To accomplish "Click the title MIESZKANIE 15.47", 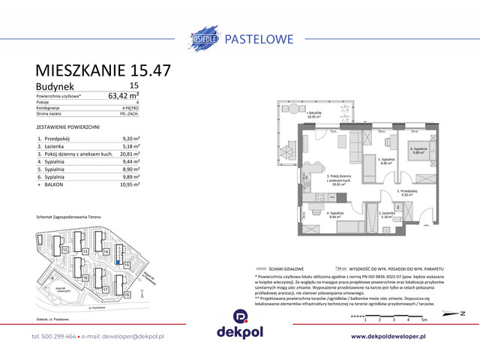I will click(103, 70).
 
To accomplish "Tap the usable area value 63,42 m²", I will click(124, 95).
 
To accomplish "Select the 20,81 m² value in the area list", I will click(130, 154).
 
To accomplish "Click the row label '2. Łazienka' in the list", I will click(54, 146).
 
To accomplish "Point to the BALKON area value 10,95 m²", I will click(130, 184).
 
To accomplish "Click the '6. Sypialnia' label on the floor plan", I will click(419, 150).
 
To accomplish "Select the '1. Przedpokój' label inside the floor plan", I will click(406, 192).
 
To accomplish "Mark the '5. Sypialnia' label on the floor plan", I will click(386, 160).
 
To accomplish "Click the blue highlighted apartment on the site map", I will click(118, 262).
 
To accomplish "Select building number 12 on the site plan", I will click(66, 249).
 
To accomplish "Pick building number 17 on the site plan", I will click(106, 289).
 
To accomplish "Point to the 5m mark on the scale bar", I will click(424, 319).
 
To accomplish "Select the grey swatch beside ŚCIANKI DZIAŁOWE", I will click(261, 268).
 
